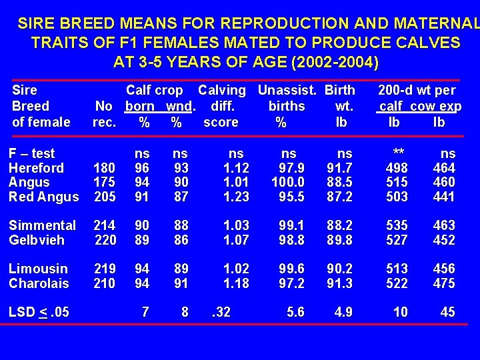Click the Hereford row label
click(36, 168)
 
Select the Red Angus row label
click(43, 197)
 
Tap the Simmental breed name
click(42, 225)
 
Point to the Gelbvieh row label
click(37, 240)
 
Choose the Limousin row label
click(38, 269)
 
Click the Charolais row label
click(39, 283)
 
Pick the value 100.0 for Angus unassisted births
click(288, 182)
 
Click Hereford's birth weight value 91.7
click(339, 168)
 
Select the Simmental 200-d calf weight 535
click(397, 225)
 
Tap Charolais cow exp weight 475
click(444, 283)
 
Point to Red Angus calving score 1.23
click(236, 197)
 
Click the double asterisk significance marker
click(399, 153)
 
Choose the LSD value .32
click(221, 312)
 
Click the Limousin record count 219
click(105, 269)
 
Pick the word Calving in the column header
click(222, 90)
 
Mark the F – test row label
click(32, 153)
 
